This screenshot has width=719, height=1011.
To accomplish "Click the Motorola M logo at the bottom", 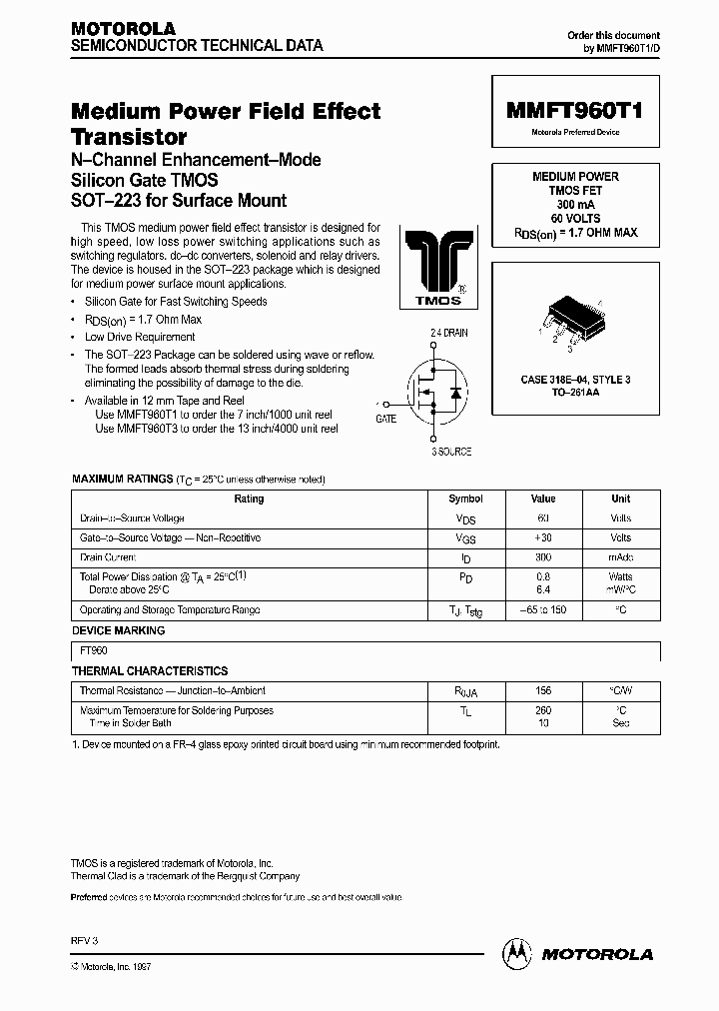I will pos(517,953).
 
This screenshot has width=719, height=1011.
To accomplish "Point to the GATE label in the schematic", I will pos(386,420).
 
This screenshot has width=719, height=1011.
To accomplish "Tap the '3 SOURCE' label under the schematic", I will pos(450,453).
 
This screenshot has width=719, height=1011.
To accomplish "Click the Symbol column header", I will pos(465,499).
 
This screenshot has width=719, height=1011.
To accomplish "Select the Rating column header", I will pos(249,499).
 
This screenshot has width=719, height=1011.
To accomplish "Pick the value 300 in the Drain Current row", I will pos(542,557).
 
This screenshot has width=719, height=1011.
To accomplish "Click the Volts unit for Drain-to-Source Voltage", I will pos(621,518).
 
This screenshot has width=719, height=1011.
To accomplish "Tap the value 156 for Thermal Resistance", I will pos(542,691).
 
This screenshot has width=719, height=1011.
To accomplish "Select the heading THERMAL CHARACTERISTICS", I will pos(150,671).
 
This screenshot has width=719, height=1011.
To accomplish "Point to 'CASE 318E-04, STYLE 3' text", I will pos(575,381).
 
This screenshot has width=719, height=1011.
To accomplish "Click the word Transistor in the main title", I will pos(129,137).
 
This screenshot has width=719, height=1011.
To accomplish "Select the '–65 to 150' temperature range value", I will pos(542,609).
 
